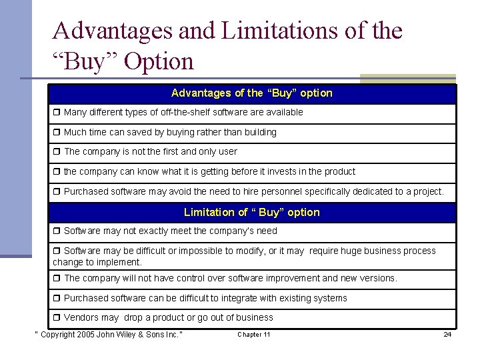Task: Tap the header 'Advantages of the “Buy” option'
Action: point(251,93)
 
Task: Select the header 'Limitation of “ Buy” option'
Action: point(251,213)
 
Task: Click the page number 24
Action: point(447,334)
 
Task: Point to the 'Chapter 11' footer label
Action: point(254,334)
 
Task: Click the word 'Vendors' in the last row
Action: point(82,318)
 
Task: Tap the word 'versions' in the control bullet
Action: point(378,278)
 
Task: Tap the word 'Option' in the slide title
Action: point(159,61)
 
